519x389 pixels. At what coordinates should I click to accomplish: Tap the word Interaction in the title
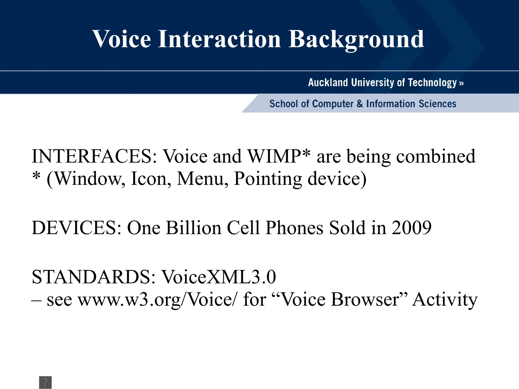click(x=219, y=39)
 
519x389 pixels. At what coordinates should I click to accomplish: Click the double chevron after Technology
click(x=461, y=83)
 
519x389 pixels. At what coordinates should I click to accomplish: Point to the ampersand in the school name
click(x=360, y=104)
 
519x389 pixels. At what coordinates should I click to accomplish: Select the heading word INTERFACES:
click(x=95, y=156)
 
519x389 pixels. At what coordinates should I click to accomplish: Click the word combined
click(x=436, y=156)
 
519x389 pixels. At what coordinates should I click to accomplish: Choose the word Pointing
click(x=268, y=179)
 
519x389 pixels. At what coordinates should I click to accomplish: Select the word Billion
click(x=194, y=228)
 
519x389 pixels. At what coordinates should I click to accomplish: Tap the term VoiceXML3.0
click(x=219, y=277)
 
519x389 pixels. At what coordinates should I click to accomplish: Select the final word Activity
click(x=445, y=300)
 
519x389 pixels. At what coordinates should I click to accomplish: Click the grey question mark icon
click(x=45, y=382)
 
